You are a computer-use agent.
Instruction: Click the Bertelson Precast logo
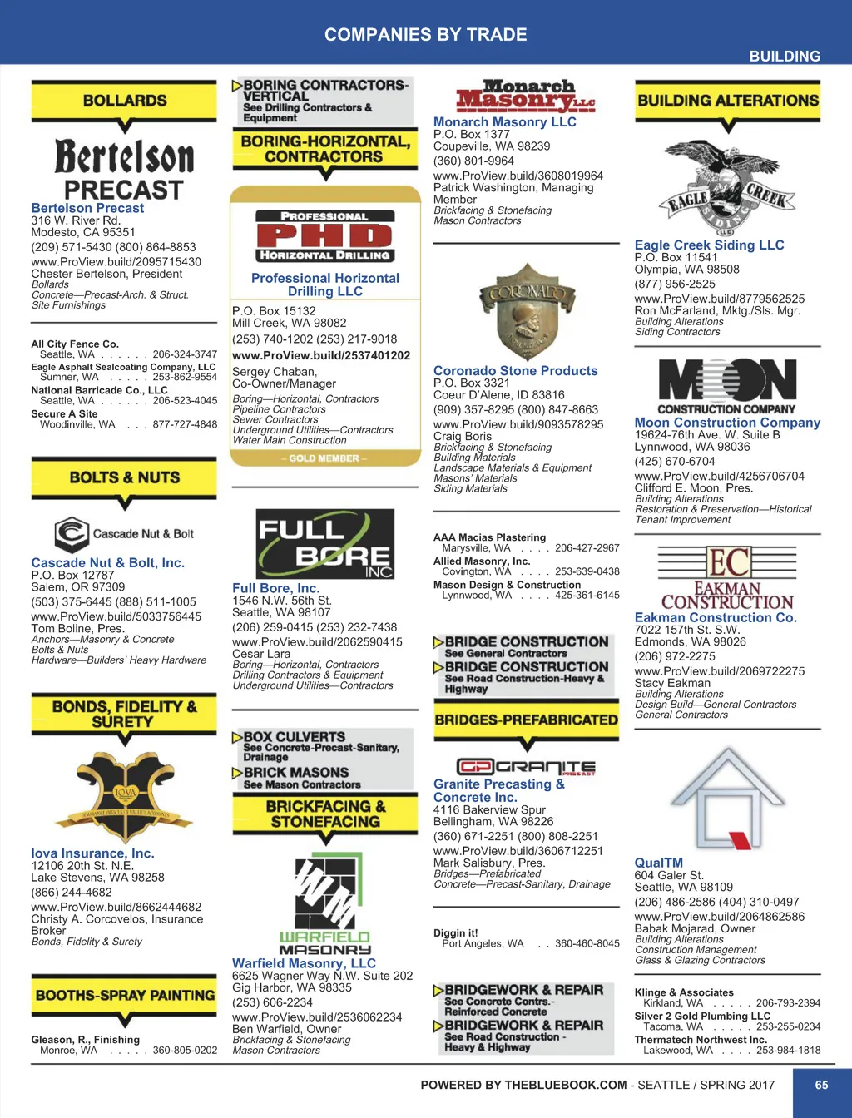pyautogui.click(x=124, y=170)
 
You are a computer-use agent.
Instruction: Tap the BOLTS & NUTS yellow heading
pyautogui.click(x=124, y=477)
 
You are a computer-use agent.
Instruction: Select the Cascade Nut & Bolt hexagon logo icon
pyautogui.click(x=72, y=534)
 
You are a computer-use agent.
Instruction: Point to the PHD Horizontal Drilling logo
pyautogui.click(x=324, y=236)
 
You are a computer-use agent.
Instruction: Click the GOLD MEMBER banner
pyautogui.click(x=324, y=458)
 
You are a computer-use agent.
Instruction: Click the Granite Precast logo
pyautogui.click(x=526, y=767)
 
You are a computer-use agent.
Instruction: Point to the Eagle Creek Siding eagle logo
pyautogui.click(x=728, y=190)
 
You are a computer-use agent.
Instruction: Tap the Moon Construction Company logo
pyautogui.click(x=728, y=386)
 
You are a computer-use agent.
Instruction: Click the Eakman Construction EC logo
pyautogui.click(x=728, y=577)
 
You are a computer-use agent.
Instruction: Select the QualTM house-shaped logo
pyautogui.click(x=728, y=799)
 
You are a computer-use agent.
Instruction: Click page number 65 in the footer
pyautogui.click(x=821, y=1085)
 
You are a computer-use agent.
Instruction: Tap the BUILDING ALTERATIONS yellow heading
pyautogui.click(x=728, y=101)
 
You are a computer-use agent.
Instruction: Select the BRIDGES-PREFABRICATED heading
pyautogui.click(x=526, y=720)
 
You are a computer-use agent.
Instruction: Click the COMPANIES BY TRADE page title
pyautogui.click(x=425, y=35)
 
